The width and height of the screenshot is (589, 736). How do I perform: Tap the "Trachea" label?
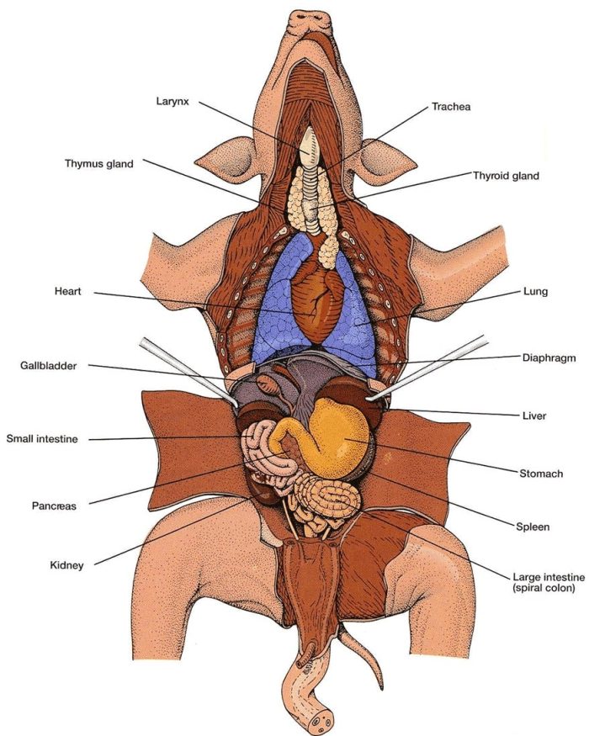452,107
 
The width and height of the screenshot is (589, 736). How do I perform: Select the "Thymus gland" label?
99,164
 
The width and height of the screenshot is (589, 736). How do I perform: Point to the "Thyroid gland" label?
506,176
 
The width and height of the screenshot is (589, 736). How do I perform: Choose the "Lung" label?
534,292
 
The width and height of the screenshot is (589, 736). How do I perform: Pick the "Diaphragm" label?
548,357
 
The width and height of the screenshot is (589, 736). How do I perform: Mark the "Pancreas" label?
55,506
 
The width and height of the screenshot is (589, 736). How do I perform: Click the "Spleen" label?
533,527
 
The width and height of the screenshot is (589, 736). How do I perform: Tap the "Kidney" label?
66,566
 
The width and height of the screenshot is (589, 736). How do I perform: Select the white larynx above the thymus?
310,145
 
